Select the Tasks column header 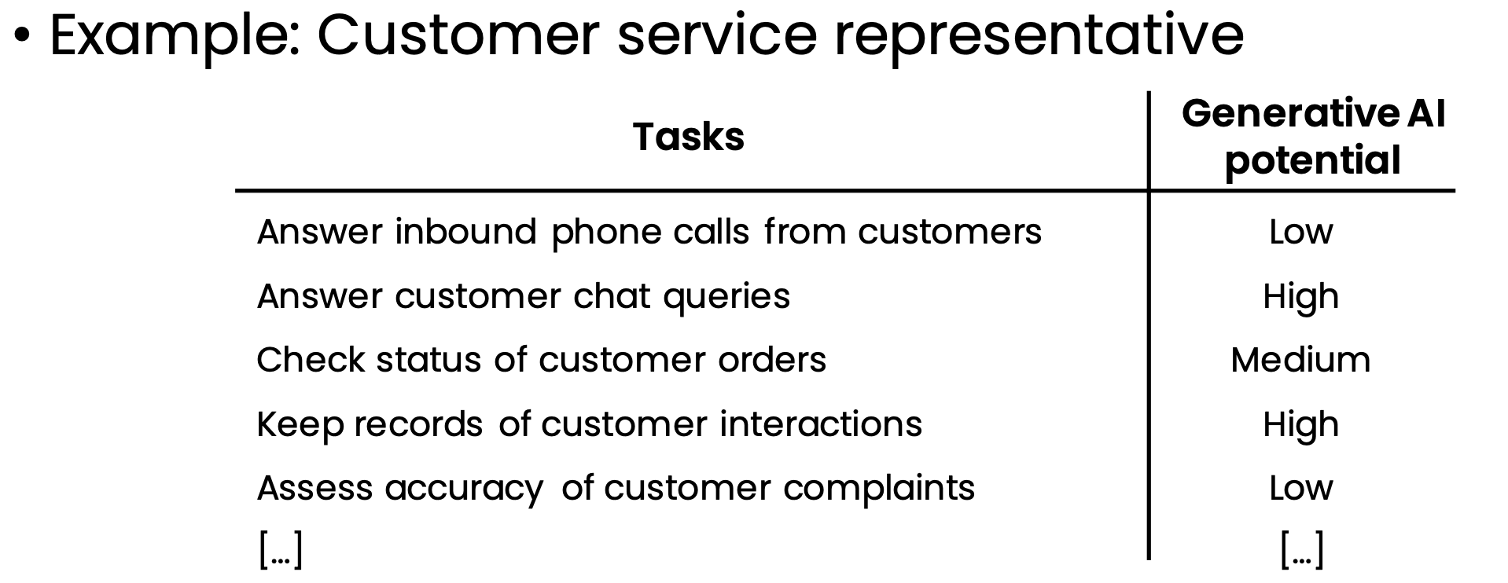pos(689,137)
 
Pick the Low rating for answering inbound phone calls pos(1301,232)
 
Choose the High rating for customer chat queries pos(1301,297)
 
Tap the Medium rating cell pos(1300,360)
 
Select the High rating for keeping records pos(1301,425)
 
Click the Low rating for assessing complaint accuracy pos(1301,488)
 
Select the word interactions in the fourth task pos(821,424)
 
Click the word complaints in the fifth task pos(879,489)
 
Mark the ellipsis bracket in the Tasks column pos(281,549)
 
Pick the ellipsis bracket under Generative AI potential pos(1302,549)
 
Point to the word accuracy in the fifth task pos(464,489)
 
